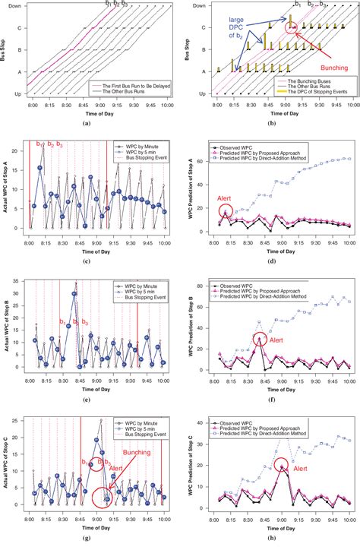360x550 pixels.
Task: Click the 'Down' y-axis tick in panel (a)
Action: coord(14,6)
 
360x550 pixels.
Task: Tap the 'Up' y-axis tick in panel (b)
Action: coord(201,94)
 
